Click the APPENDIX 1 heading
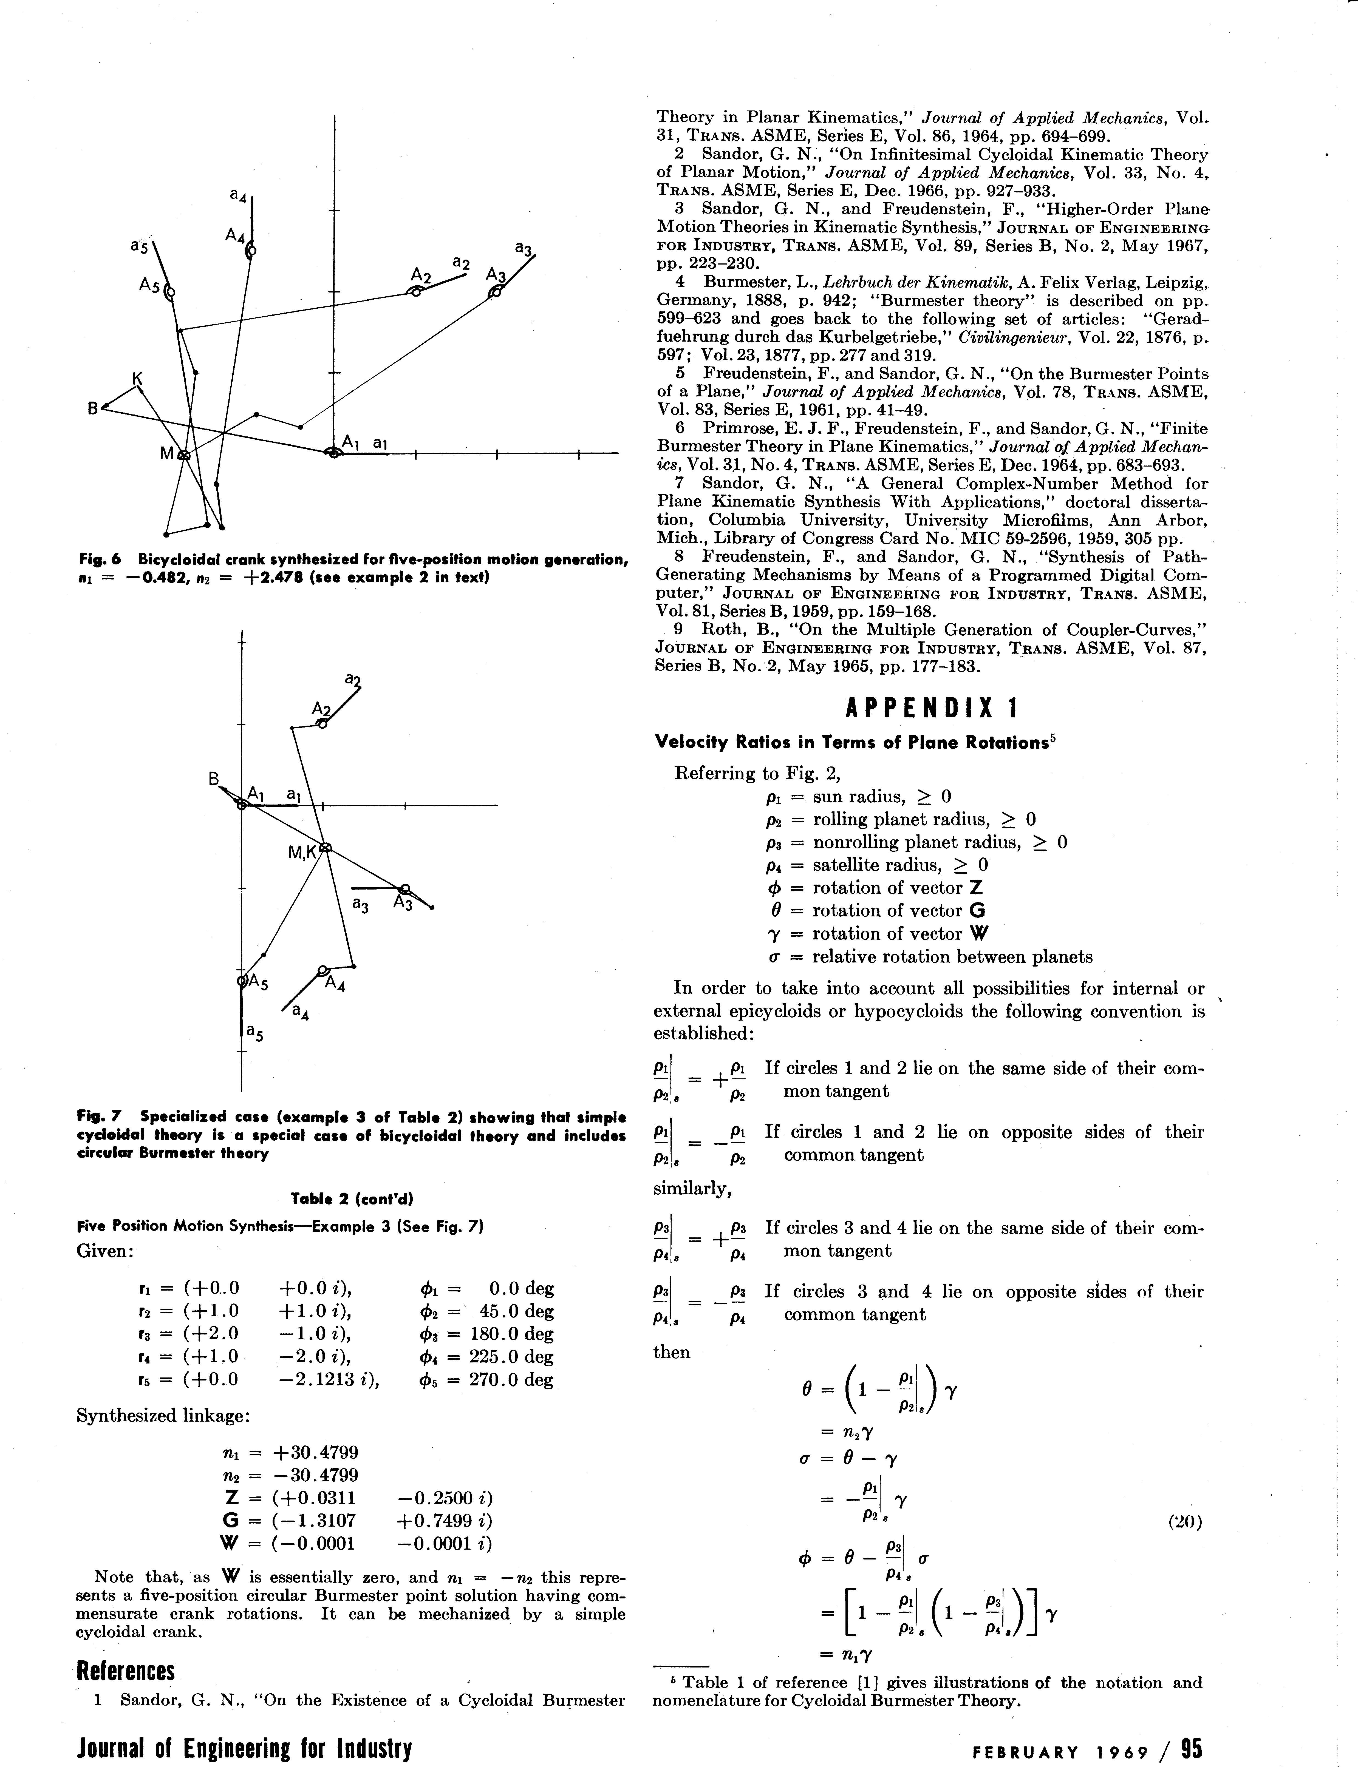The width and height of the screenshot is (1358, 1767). pyautogui.click(x=931, y=709)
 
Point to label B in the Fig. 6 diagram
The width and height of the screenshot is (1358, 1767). pyautogui.click(x=93, y=410)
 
